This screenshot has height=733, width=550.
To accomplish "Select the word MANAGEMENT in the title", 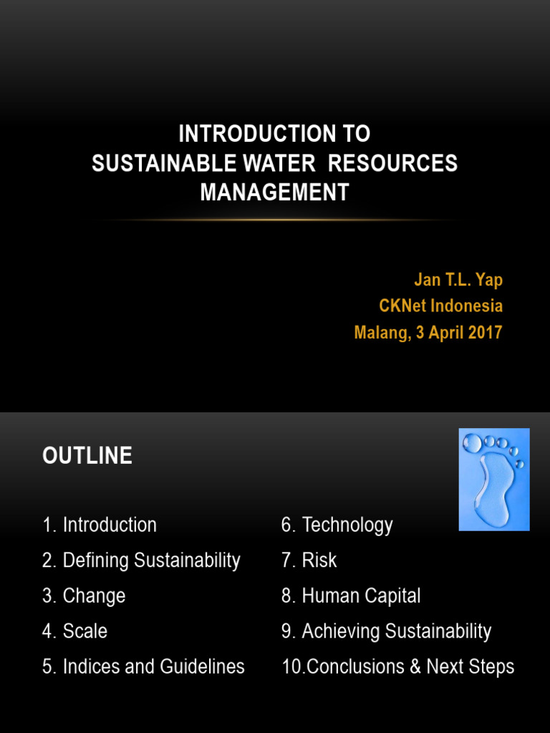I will click(x=274, y=192).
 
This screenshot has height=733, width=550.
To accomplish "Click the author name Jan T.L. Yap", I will click(x=458, y=279).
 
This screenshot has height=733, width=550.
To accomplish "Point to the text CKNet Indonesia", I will click(x=440, y=306).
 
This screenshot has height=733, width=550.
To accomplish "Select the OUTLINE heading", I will click(x=87, y=456).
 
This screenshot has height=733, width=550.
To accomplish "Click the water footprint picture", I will click(x=493, y=479).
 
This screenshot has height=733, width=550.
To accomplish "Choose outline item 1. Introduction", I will click(x=100, y=525).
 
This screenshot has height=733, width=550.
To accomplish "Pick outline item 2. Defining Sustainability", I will click(x=141, y=560).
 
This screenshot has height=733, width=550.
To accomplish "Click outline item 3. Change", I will click(x=84, y=596).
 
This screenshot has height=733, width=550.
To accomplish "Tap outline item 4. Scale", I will click(x=74, y=631).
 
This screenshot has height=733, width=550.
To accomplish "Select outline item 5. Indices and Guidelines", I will click(x=143, y=666).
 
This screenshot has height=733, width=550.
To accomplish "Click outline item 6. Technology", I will click(x=337, y=525).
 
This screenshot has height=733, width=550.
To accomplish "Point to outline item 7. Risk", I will click(x=309, y=560).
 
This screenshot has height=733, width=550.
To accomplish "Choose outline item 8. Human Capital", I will click(x=351, y=596).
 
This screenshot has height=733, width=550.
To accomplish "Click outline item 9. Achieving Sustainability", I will click(x=386, y=631).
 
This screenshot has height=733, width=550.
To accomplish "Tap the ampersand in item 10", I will click(x=415, y=667).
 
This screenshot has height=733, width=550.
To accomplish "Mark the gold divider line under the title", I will click(x=274, y=219).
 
